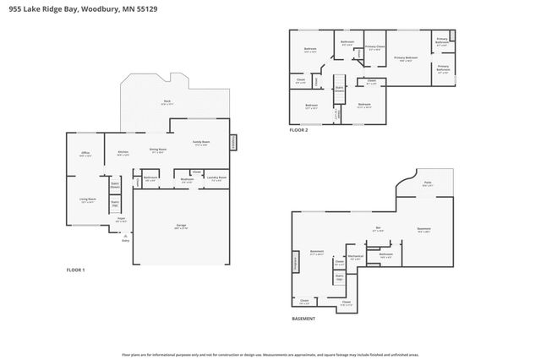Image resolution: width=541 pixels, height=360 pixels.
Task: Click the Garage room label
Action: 181,226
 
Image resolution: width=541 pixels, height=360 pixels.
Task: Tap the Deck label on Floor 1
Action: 167,101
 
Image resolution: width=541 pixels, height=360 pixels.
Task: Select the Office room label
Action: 85,154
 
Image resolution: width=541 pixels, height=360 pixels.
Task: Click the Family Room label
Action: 201,142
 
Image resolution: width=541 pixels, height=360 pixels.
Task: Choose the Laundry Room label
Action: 216,178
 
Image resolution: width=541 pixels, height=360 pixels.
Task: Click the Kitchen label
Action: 123,153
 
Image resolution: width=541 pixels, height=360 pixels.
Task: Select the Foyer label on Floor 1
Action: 121,220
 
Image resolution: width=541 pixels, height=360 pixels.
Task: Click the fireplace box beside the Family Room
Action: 234,142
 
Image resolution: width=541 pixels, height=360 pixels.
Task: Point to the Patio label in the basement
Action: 428,183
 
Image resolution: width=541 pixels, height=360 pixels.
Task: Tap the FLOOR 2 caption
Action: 298,130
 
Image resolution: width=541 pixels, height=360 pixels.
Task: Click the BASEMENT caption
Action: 303,319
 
